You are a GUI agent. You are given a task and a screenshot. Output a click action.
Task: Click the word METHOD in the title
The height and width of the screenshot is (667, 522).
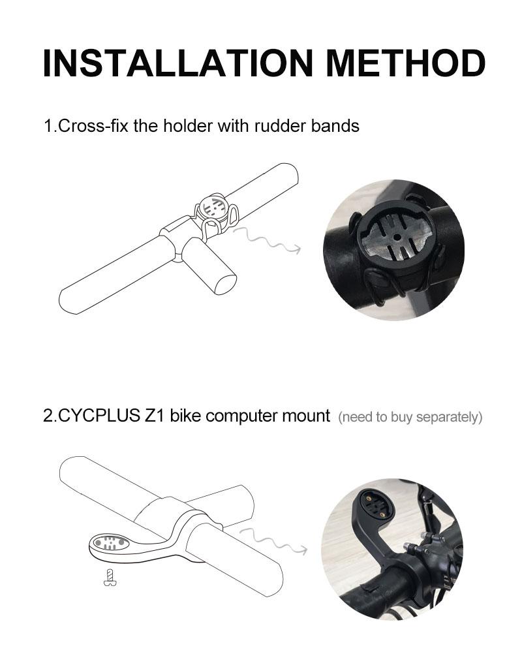[x=405, y=63]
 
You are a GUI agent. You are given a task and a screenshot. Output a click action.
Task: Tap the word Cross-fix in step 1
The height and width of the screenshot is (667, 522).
[x=94, y=125]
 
